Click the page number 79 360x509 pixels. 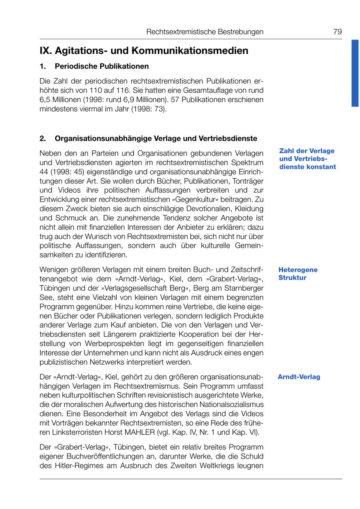click(338, 32)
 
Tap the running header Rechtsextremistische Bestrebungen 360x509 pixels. click(205, 32)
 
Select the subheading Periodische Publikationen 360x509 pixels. click(102, 66)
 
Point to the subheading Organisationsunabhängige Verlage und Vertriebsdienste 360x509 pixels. click(156, 139)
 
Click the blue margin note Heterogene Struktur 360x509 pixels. click(298, 273)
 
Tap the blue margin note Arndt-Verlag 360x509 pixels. click(299, 377)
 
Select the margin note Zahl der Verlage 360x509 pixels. click(307, 151)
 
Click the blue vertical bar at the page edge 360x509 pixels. click(355, 73)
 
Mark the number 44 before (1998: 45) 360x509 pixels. click(44, 172)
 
